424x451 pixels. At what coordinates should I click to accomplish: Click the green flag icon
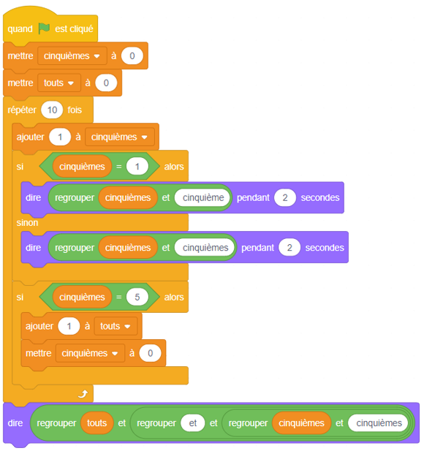click(44, 29)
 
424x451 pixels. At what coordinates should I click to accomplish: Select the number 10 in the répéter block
click(52, 110)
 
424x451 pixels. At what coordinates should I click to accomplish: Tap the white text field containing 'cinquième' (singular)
click(202, 197)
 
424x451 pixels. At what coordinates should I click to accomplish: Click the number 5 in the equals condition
click(137, 297)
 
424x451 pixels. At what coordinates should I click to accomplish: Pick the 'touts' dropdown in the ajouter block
click(116, 326)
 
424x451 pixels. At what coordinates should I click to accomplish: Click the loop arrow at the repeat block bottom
click(83, 394)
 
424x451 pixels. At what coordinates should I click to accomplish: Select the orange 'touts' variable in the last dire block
click(97, 423)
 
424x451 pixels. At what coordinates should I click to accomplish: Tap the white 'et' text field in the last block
click(193, 423)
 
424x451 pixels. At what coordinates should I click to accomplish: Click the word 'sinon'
click(27, 223)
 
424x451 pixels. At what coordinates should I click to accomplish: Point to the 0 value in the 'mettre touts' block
click(106, 83)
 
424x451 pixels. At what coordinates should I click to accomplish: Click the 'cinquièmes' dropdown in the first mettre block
click(72, 56)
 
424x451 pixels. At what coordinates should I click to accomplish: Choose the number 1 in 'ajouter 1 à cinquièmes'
click(60, 137)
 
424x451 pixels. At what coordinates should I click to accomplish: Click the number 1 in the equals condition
click(137, 167)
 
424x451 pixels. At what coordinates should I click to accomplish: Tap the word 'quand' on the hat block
click(20, 29)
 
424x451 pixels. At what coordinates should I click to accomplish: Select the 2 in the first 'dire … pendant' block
click(285, 197)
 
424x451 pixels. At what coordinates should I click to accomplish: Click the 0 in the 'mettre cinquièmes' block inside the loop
click(150, 353)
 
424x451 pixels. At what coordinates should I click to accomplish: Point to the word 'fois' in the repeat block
click(75, 110)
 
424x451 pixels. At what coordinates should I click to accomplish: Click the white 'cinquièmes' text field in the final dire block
click(379, 423)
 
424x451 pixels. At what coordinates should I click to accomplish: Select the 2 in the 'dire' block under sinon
click(289, 248)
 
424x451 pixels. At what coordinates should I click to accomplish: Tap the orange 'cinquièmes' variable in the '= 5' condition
click(82, 297)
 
